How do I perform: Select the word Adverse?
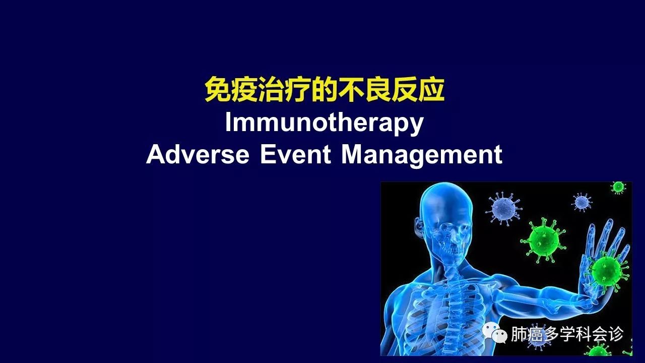pos(198,154)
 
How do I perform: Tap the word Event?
pos(295,154)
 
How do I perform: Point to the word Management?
pos(422,156)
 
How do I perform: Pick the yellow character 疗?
pos(297,89)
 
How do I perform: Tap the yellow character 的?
pos(324,89)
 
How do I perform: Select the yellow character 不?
pos(351,89)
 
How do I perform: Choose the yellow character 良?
pos(377,89)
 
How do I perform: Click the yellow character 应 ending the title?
pos(431,89)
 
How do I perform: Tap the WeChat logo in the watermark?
pos(495,333)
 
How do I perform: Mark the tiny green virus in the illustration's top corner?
pos(618,188)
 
